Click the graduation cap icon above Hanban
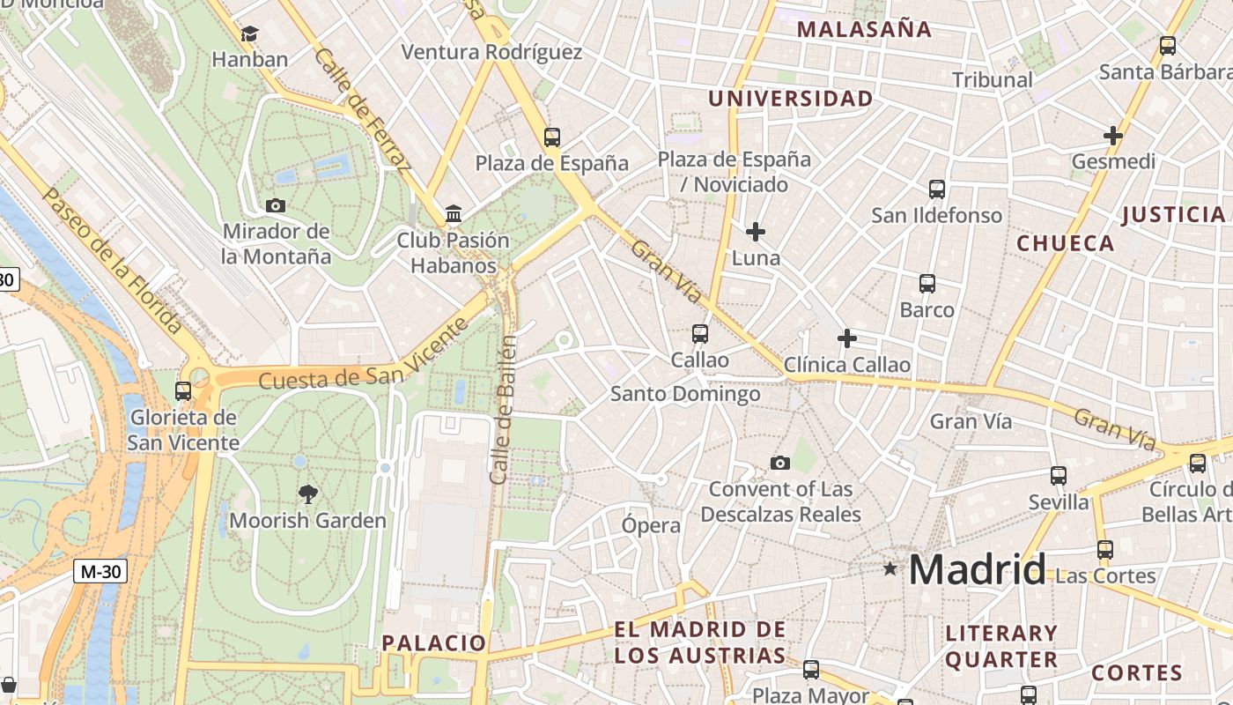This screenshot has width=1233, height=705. (x=250, y=34)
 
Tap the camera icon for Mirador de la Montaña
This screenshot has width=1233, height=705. (x=276, y=206)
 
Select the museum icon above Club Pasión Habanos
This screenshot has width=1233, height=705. (x=454, y=214)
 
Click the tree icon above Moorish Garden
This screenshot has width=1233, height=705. (x=307, y=493)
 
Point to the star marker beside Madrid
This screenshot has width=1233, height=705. (x=890, y=569)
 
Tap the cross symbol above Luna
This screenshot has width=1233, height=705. (x=756, y=232)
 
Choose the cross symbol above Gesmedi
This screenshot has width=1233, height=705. (x=1113, y=136)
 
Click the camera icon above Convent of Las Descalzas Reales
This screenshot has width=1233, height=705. (x=780, y=463)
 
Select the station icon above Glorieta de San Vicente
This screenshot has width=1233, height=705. (x=183, y=390)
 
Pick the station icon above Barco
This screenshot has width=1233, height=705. (x=927, y=284)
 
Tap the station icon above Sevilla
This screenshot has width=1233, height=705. (x=1059, y=476)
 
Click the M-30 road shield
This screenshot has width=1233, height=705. (x=100, y=571)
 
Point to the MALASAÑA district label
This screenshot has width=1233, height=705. (x=864, y=29)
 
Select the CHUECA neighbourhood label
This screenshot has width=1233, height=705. (x=1066, y=243)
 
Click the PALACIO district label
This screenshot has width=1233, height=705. (x=433, y=642)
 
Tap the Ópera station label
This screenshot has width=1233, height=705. (x=652, y=526)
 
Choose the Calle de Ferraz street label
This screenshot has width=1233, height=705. (x=363, y=109)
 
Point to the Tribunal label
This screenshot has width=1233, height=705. (x=993, y=80)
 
